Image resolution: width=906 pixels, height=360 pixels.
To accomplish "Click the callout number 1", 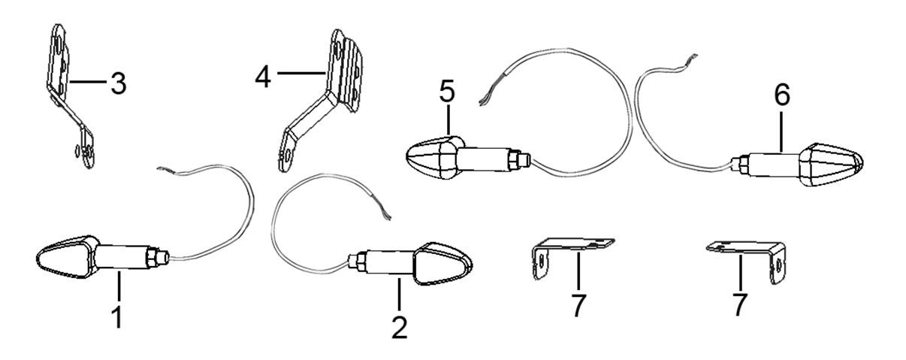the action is pyautogui.click(x=118, y=318).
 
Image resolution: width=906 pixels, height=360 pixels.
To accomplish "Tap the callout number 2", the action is pyautogui.click(x=400, y=328).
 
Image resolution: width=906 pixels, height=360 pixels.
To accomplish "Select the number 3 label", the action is pyautogui.click(x=119, y=83).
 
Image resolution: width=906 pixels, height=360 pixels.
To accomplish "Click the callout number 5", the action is pyautogui.click(x=447, y=92).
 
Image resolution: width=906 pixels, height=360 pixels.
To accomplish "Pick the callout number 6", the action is pyautogui.click(x=782, y=95).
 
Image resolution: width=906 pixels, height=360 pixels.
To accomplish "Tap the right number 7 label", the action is pyautogui.click(x=740, y=304).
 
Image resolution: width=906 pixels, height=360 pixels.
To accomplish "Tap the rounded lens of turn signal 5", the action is pyautogui.click(x=435, y=158).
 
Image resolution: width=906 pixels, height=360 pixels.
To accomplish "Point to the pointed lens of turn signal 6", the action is pyautogui.click(x=831, y=165).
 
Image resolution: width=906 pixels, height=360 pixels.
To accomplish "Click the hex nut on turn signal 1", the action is pyautogui.click(x=151, y=257).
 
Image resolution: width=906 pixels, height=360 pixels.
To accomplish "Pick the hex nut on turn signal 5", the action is pyautogui.click(x=514, y=160).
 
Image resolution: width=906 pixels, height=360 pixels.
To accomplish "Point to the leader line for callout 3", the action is pyautogui.click(x=88, y=82).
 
